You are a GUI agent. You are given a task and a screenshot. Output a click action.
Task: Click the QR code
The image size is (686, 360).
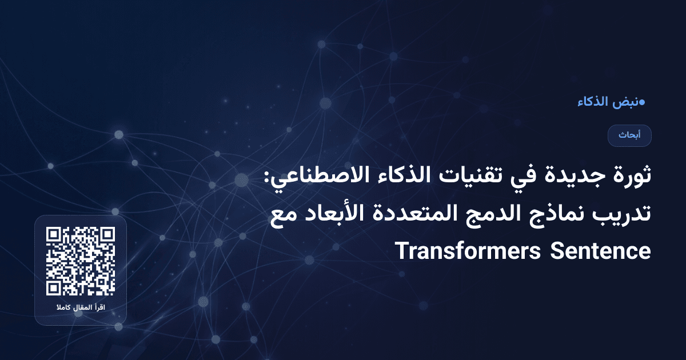[81, 261]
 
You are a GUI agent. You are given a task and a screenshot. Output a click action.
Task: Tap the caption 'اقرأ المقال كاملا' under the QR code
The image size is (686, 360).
[81, 309]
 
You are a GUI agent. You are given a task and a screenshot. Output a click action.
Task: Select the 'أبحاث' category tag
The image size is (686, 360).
[629, 135]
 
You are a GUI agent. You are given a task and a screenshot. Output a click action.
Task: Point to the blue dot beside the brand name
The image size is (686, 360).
[642, 103]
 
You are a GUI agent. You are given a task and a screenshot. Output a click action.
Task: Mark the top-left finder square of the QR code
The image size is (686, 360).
[54, 235]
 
